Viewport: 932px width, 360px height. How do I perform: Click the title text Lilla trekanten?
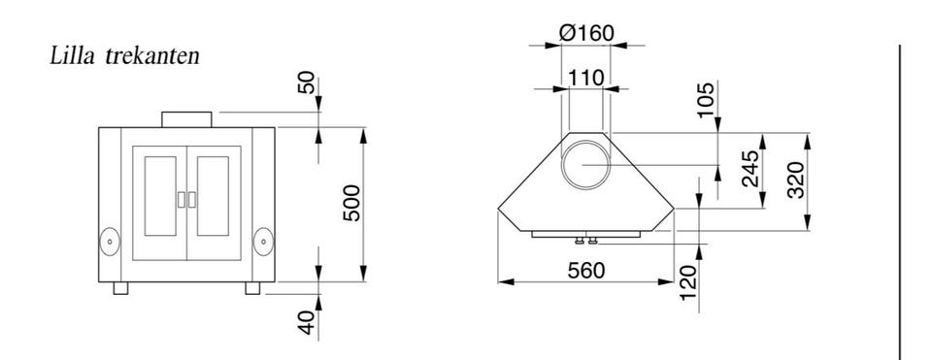125,56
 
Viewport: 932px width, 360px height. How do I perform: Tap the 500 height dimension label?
351,203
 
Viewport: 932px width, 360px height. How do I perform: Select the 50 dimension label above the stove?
306,82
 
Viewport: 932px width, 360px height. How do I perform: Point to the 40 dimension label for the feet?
306,322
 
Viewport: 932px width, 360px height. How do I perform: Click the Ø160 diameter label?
586,33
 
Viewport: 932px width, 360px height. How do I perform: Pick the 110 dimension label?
586,78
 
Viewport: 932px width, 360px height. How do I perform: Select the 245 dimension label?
750,169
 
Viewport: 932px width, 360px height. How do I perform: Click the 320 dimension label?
795,180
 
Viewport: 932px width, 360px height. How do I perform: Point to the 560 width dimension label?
586,271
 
